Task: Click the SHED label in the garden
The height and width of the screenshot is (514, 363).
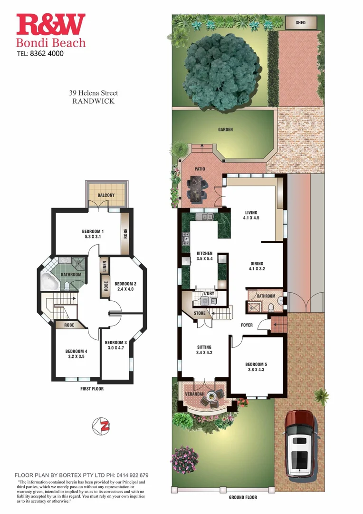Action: pyautogui.click(x=300, y=22)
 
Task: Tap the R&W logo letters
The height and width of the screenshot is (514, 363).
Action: pyautogui.click(x=51, y=25)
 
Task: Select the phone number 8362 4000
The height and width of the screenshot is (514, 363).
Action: pyautogui.click(x=47, y=53)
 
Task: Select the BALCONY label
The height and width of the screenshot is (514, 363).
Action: pyautogui.click(x=106, y=195)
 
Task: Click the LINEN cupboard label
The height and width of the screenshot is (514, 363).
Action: pyautogui.click(x=105, y=264)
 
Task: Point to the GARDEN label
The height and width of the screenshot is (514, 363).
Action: pyautogui.click(x=225, y=129)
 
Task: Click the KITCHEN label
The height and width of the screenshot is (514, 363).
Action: pyautogui.click(x=204, y=254)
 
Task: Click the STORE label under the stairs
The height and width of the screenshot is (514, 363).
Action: pyautogui.click(x=200, y=313)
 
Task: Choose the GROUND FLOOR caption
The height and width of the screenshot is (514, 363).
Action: pyautogui.click(x=243, y=497)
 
